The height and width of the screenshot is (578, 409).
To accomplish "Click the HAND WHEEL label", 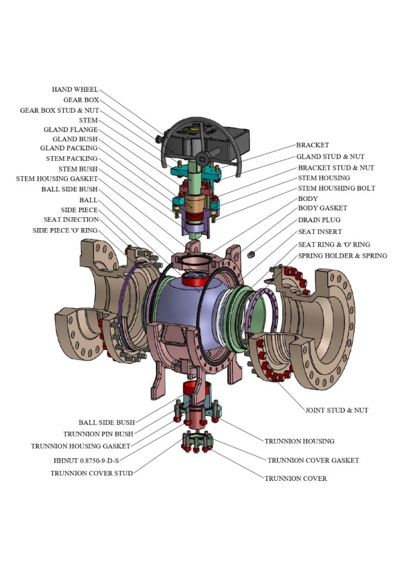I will click(75, 90).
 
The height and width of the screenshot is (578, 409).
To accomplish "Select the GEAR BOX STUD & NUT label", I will click(59, 111).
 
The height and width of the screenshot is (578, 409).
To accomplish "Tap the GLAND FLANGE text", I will click(71, 130).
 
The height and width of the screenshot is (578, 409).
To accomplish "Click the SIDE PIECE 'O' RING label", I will click(65, 230).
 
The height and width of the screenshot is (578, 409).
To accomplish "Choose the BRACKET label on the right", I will click(312, 146).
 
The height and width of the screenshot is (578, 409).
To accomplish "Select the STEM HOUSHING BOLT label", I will click(337, 189).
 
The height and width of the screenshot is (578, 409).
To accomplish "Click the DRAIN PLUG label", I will click(319, 220).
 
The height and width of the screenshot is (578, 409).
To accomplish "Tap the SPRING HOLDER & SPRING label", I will click(343, 256).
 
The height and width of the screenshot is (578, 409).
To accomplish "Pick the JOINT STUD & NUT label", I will click(336, 410).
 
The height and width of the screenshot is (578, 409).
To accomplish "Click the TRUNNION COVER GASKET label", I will click(313, 461).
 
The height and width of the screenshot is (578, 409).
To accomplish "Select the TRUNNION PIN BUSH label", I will click(98, 434).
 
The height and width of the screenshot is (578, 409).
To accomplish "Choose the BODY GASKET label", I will click(323, 209).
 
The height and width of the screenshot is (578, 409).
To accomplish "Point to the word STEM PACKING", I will click(72, 159).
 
